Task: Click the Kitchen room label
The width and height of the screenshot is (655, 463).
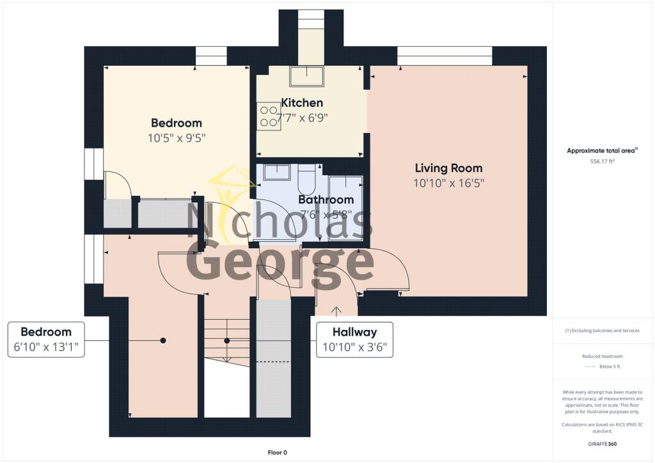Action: click(302, 102)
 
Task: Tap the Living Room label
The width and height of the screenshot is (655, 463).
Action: click(448, 168)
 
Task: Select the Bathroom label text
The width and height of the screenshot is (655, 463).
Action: click(326, 200)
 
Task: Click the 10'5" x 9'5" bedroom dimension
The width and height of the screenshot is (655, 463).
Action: click(176, 137)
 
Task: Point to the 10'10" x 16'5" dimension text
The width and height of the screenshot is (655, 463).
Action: click(448, 183)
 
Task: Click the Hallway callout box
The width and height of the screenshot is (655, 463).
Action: click(354, 340)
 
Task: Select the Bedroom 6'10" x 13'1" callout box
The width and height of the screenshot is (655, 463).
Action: click(46, 340)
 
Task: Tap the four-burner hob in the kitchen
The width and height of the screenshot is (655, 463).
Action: click(269, 116)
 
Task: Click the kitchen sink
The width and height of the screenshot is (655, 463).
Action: click(306, 76)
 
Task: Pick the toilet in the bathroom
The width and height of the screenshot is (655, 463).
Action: click(306, 181)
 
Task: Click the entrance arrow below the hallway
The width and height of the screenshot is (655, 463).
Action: click(336, 311)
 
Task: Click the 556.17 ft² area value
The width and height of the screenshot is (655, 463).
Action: click(603, 162)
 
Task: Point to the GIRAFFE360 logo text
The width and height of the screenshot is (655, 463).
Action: click(603, 443)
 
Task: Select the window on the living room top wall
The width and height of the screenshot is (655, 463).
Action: click(445, 56)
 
